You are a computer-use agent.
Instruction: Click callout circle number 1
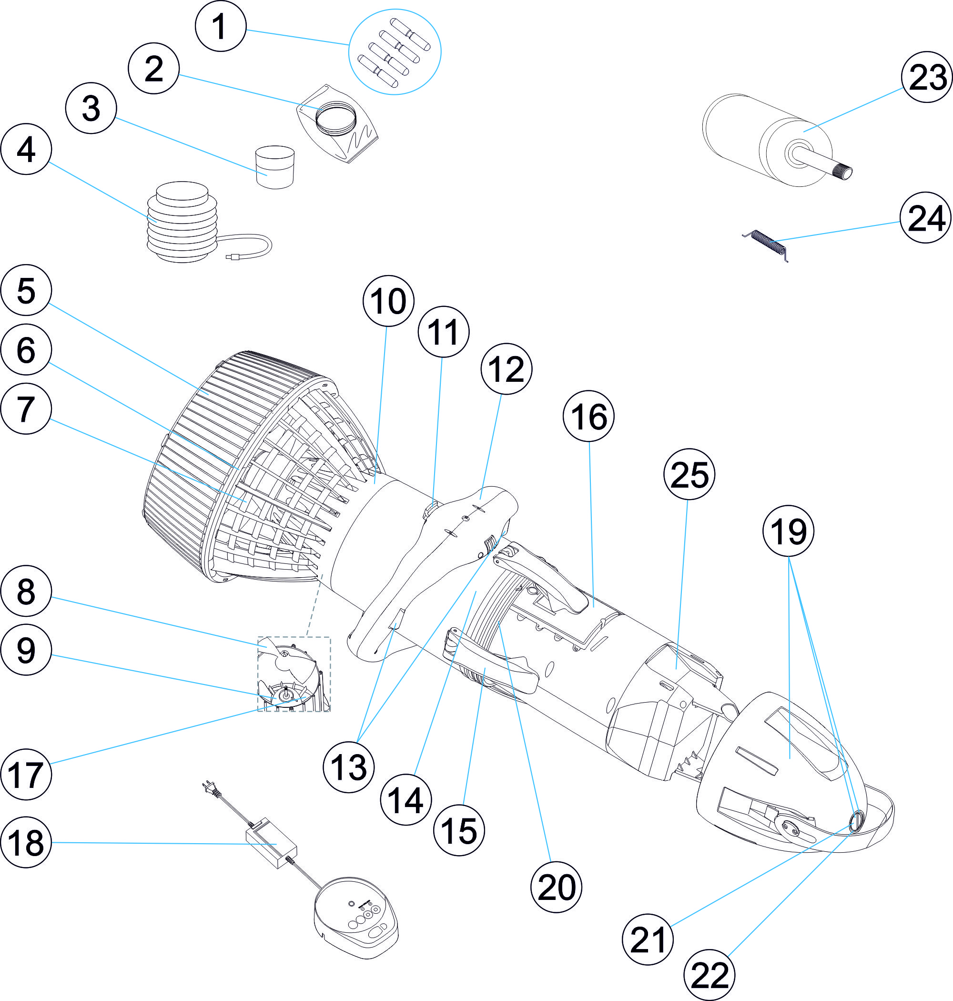pyautogui.click(x=221, y=26)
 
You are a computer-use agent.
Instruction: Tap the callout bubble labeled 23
pyautogui.click(x=927, y=77)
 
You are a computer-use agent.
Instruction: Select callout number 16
pyautogui.click(x=588, y=416)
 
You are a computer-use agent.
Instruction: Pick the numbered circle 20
pyautogui.click(x=556, y=887)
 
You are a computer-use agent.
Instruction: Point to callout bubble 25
pyautogui.click(x=689, y=474)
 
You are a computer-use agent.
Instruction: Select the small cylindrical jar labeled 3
pyautogui.click(x=275, y=167)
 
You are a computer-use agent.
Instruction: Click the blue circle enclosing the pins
pyautogui.click(x=394, y=51)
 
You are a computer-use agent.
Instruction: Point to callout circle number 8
pyautogui.click(x=26, y=592)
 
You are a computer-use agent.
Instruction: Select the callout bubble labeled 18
pyautogui.click(x=26, y=842)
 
